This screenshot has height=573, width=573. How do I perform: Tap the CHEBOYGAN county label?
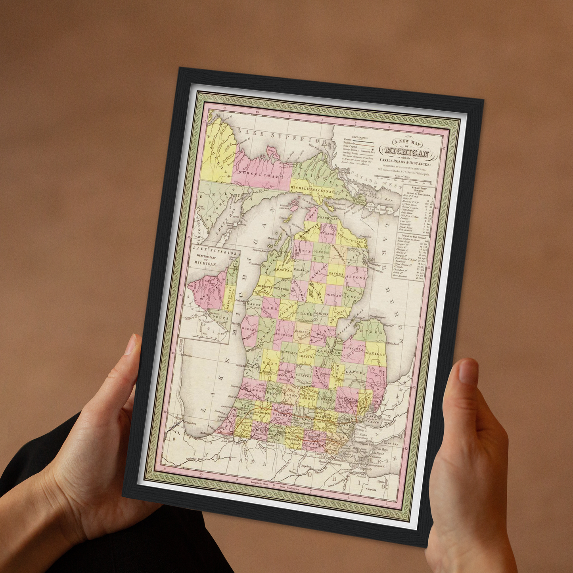pyautogui.click(x=328, y=218)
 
